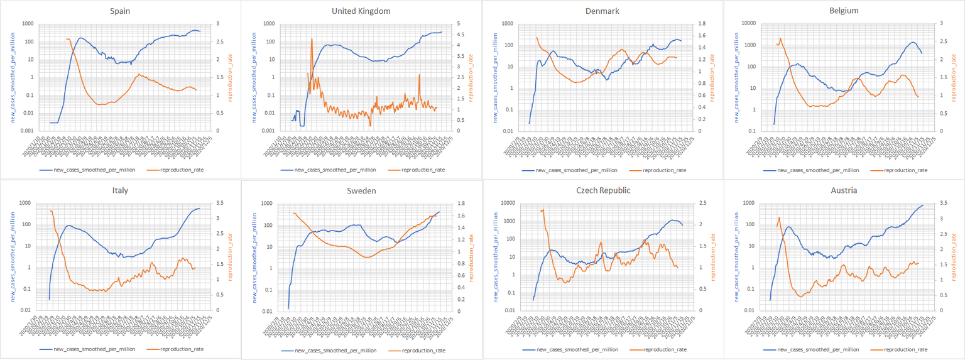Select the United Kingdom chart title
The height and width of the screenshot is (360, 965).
click(x=361, y=11)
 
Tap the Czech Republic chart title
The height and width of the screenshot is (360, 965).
click(x=601, y=190)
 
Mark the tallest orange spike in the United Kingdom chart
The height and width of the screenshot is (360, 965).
click(x=312, y=39)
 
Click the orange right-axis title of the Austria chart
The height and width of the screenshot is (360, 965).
click(x=954, y=257)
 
